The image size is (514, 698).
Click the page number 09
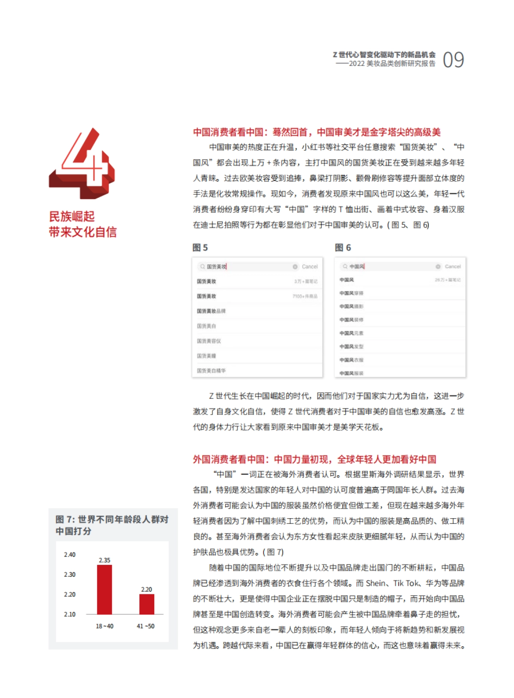pos(453,60)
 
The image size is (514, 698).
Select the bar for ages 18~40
pos(105,590)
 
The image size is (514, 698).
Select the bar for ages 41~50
pos(146,604)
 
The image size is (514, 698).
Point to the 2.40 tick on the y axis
pos(69,555)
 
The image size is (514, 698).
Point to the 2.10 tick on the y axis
pos(69,614)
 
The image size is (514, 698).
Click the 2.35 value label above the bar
pos(105,560)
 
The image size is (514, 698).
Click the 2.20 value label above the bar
pos(146,589)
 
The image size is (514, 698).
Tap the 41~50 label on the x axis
pos(146,626)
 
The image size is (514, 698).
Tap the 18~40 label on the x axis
pos(105,626)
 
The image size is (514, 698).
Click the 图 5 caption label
pos(200,248)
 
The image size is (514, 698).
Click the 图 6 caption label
pos(343,248)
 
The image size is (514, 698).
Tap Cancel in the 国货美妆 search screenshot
pos(310,267)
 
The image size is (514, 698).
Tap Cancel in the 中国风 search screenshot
pos(453,266)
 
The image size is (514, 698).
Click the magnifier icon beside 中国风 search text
pos(345,266)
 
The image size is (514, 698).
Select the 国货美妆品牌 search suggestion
pos(211,311)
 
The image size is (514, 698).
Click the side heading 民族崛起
pos(72,216)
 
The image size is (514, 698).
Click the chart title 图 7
pos(65,519)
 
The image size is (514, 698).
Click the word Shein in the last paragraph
pos(376,583)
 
